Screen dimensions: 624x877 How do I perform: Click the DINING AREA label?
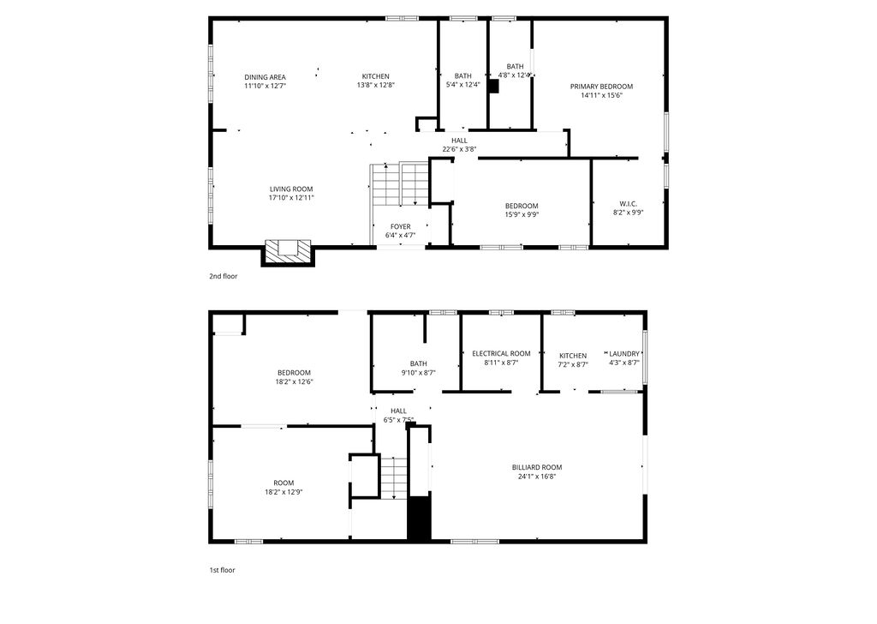click(x=265, y=76)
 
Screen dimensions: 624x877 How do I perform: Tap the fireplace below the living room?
click(x=288, y=250)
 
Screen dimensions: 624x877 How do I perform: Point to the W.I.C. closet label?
click(x=628, y=204)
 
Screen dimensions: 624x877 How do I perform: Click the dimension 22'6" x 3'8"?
click(x=459, y=149)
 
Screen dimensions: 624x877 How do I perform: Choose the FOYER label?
click(x=400, y=226)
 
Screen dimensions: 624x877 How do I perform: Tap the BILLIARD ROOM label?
click(x=537, y=467)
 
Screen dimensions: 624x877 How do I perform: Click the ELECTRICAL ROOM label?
click(x=501, y=353)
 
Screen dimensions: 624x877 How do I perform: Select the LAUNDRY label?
click(x=623, y=353)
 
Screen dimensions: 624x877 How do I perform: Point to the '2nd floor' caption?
click(x=223, y=276)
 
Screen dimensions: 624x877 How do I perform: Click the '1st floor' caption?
click(x=222, y=569)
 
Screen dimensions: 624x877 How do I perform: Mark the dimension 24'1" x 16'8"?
click(x=537, y=477)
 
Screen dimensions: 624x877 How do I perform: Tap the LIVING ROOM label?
click(x=291, y=189)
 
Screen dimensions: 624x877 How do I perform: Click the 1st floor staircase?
click(x=393, y=477)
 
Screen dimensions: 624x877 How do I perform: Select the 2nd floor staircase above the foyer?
click(x=399, y=183)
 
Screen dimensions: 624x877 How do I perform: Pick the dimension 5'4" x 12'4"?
click(x=463, y=85)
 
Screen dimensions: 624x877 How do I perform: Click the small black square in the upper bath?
click(x=492, y=87)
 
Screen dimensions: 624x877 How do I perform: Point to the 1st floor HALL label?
click(x=398, y=411)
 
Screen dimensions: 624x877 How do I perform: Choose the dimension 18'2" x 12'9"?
click(x=283, y=492)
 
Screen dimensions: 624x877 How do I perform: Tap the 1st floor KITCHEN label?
click(x=573, y=356)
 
